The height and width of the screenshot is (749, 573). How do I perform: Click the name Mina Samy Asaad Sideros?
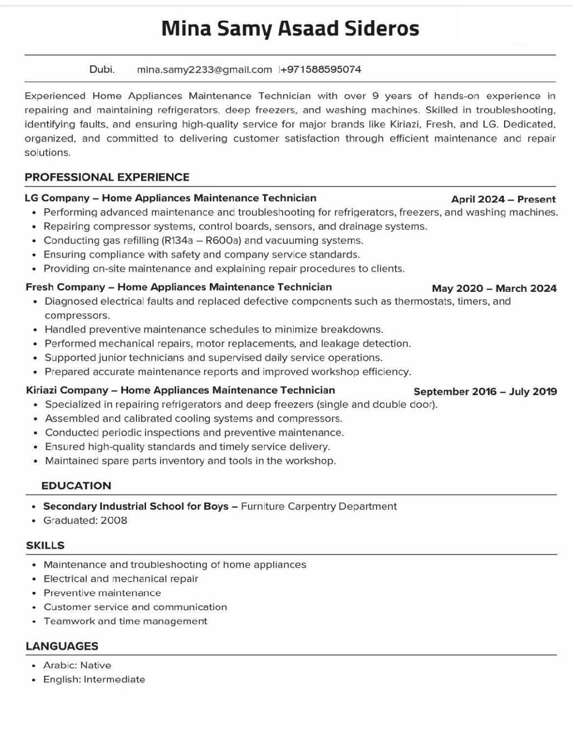(290, 28)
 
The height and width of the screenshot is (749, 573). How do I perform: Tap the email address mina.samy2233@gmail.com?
(204, 70)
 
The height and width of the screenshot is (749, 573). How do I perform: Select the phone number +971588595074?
(321, 70)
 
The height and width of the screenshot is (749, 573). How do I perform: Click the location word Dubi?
(102, 70)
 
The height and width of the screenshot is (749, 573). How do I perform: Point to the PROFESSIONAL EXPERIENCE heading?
(107, 177)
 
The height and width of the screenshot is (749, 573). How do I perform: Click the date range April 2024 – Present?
(503, 199)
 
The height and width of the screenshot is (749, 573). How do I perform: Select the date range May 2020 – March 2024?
(494, 289)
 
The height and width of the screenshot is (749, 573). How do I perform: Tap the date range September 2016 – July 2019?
(485, 392)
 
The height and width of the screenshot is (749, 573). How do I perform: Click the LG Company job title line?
(171, 198)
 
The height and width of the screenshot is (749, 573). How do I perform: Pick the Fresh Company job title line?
(179, 288)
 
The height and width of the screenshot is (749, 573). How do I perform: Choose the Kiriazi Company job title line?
(180, 390)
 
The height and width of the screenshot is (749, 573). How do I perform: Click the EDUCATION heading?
(76, 486)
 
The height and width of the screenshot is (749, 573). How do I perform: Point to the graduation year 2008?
(114, 521)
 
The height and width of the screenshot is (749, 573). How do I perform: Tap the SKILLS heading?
(45, 545)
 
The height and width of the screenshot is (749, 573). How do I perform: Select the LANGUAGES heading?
(62, 646)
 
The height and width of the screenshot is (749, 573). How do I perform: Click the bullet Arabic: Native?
(77, 666)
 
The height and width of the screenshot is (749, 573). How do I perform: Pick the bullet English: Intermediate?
(94, 680)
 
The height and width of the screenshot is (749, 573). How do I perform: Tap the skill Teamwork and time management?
(125, 621)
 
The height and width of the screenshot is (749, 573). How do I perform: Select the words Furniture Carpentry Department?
(318, 507)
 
